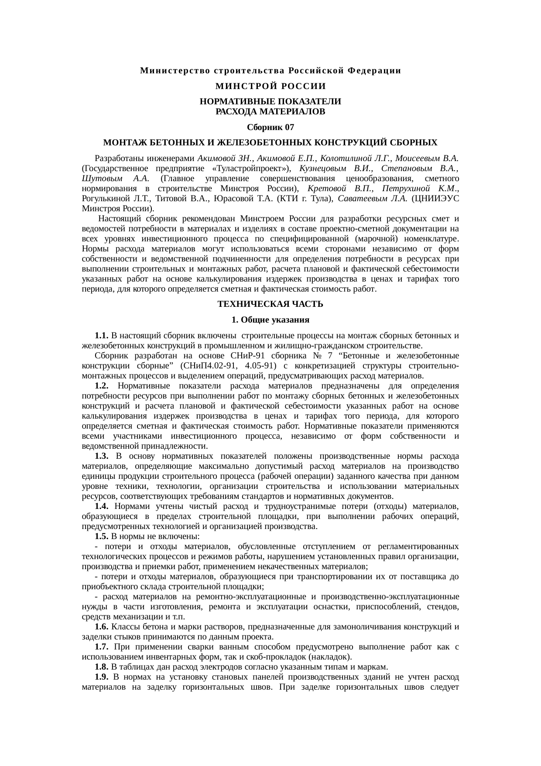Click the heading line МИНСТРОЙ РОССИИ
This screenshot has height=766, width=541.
(x=270, y=86)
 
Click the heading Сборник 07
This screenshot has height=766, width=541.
(x=270, y=127)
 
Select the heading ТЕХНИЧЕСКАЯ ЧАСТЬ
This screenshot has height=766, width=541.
(x=270, y=304)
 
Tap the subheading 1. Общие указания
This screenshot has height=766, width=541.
(x=270, y=320)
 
